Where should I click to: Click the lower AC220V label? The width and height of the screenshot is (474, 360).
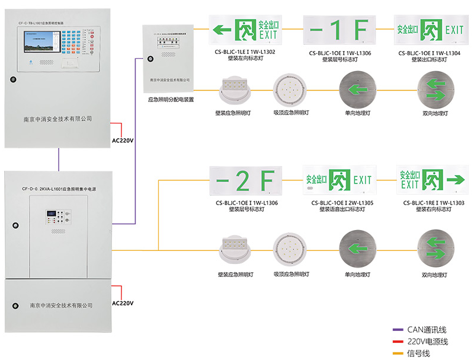click(123, 303)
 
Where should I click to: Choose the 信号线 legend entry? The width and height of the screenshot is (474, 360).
click(418, 353)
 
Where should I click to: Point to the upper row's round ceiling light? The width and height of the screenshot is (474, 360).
click(290, 90)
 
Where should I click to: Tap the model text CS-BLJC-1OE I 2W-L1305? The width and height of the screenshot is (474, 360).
click(338, 203)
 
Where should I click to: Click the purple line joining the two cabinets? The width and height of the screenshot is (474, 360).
click(59, 159)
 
